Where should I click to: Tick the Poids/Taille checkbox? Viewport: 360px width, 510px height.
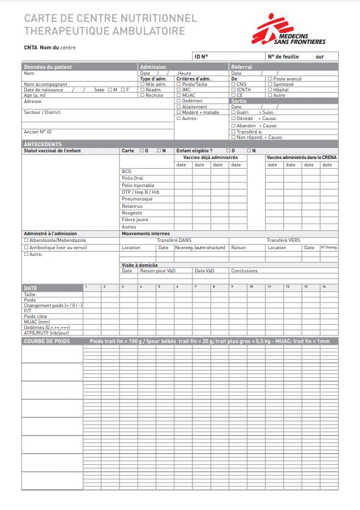pyautogui.click(x=178, y=84)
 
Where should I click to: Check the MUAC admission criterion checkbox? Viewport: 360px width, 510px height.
pyautogui.click(x=178, y=95)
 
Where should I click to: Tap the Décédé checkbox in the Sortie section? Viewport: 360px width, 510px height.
pyautogui.click(x=233, y=118)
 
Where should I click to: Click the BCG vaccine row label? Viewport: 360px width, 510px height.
pyautogui.click(x=127, y=172)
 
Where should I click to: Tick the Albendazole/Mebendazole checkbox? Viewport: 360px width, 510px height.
pyautogui.click(x=26, y=241)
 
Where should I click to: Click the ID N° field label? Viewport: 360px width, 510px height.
pyautogui.click(x=201, y=57)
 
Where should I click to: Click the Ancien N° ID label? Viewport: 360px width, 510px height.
pyautogui.click(x=38, y=132)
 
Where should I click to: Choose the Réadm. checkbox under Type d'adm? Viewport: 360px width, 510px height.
pyautogui.click(x=142, y=90)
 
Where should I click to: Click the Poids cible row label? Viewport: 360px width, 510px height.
pyautogui.click(x=36, y=317)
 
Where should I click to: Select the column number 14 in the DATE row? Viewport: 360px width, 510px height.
pyautogui.click(x=324, y=286)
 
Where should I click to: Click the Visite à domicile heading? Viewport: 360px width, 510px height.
pyautogui.click(x=140, y=266)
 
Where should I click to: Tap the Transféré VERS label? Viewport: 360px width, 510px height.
pyautogui.click(x=283, y=240)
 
